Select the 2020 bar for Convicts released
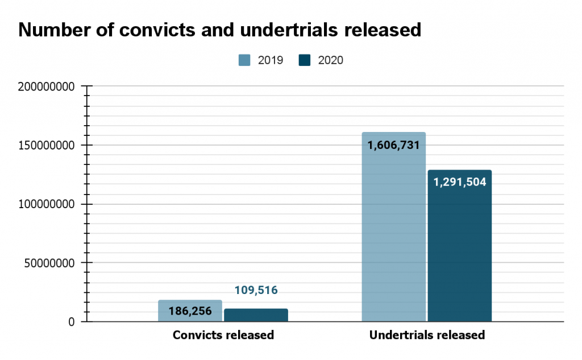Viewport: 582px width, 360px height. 256,316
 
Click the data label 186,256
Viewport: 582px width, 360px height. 190,311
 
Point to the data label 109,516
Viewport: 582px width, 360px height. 256,291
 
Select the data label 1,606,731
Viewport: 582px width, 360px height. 393,145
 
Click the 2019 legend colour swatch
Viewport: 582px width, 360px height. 244,60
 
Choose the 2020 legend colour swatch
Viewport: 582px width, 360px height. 304,60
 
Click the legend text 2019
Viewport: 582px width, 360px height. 271,60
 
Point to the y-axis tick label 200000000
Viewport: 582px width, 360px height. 46,86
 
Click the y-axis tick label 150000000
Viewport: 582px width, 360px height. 46,145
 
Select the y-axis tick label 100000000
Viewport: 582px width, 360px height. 46,204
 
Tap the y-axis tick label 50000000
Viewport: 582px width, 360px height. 49,263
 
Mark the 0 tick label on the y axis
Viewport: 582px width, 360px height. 72,322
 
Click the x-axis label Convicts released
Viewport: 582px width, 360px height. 223,335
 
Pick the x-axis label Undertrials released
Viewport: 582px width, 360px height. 427,335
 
